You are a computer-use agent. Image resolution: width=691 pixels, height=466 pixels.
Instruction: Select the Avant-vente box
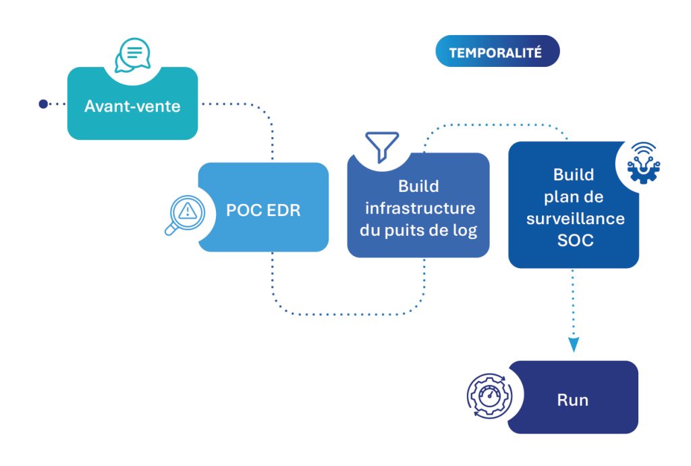(132, 105)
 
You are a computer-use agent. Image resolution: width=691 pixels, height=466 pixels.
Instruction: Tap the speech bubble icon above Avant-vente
(132, 55)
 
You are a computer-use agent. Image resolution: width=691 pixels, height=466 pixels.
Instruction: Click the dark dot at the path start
(43, 104)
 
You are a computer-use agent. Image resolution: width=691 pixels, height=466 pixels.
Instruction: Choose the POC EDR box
(263, 210)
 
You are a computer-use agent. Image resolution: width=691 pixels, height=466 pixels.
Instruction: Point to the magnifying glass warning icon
(184, 214)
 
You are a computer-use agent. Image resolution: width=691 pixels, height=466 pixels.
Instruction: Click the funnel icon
(382, 146)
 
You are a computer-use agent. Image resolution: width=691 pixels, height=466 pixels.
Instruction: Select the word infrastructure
(418, 208)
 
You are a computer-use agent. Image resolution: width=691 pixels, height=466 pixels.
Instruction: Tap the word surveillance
(574, 218)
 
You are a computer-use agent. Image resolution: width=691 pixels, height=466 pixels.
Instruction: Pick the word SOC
(575, 240)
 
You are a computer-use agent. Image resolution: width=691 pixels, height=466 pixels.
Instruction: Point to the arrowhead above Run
(574, 345)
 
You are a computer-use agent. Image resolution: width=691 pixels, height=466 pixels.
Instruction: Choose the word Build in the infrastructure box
(418, 186)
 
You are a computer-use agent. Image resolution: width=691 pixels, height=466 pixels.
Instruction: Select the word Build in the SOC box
(574, 174)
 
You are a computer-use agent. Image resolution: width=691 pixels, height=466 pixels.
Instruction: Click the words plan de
(574, 197)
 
